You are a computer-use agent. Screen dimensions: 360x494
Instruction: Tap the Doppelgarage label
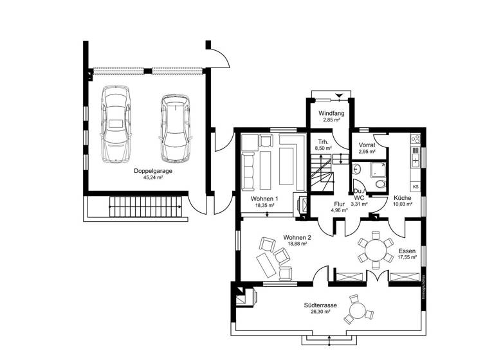click(152, 171)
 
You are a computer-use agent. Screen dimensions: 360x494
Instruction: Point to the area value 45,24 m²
click(152, 178)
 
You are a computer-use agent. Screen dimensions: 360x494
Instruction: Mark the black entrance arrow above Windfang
click(340, 96)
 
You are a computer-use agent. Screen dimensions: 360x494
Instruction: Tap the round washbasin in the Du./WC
click(356, 170)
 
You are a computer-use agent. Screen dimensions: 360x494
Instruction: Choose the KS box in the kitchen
click(416, 186)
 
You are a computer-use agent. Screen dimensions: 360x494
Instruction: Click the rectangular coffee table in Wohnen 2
click(265, 264)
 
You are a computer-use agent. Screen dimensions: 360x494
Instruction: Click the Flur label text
click(340, 203)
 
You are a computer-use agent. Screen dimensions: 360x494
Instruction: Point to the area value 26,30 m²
click(319, 312)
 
